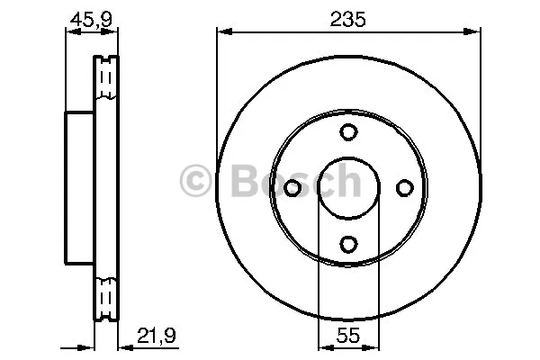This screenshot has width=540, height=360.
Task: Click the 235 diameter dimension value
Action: coord(347,19)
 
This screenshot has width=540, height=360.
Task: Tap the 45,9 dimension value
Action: coord(91,19)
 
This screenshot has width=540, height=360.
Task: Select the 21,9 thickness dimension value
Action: coord(157,335)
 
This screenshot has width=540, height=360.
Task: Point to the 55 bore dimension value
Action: coord(347,335)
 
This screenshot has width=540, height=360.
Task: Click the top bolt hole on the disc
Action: coord(348,132)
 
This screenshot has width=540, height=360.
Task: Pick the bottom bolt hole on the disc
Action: coord(348,244)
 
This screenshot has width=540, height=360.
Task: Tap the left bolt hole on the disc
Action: coord(292,188)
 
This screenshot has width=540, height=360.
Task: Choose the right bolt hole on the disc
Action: coord(405,188)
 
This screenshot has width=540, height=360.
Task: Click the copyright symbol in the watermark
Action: coord(195,180)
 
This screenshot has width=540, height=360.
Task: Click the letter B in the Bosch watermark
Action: coord(246,180)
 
